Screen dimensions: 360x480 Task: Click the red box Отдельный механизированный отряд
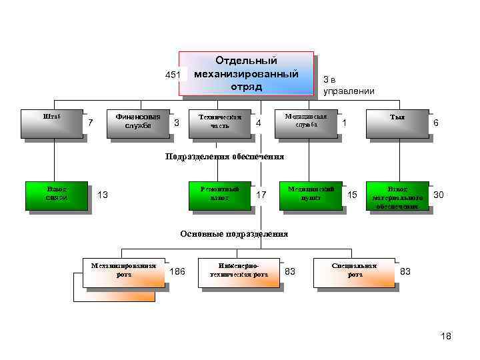246,73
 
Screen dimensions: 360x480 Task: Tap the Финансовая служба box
138,122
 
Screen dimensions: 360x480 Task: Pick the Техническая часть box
219,123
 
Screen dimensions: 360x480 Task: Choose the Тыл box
397,123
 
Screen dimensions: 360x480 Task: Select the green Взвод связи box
57,195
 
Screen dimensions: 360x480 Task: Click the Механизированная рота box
123,271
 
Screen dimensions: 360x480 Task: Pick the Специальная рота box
354,271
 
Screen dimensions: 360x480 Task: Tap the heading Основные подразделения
234,234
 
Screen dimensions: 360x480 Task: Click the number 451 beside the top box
173,75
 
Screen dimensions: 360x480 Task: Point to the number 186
177,271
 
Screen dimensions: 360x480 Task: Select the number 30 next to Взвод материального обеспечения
439,195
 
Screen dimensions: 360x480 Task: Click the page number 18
446,337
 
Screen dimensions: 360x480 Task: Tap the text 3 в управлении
348,85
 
